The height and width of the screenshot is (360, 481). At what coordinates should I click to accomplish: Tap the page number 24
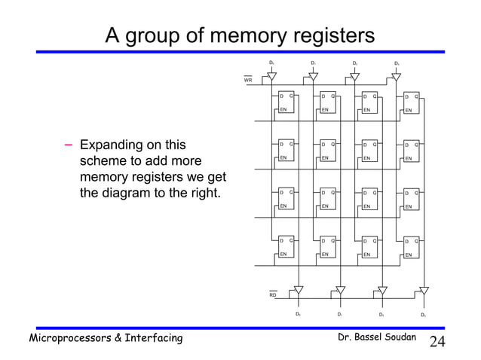tap(438, 342)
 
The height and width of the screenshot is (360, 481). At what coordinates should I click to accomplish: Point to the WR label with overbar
tap(248, 80)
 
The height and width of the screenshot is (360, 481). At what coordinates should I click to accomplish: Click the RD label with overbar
tap(273, 295)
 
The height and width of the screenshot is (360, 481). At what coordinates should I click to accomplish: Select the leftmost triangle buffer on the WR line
tap(271, 76)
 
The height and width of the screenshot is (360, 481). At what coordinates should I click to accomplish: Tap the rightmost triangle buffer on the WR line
tap(397, 76)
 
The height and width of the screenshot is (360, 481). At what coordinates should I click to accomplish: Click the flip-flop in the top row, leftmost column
tap(286, 103)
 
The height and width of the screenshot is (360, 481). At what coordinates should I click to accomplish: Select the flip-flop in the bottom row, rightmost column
tap(412, 248)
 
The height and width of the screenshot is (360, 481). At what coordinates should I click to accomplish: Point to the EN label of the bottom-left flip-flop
tap(283, 255)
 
